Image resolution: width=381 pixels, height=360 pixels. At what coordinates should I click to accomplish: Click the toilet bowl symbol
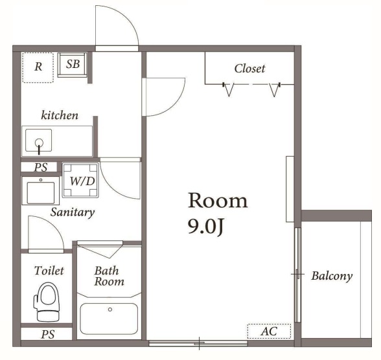(48, 302)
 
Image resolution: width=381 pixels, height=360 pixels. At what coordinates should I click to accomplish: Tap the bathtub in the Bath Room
(109, 319)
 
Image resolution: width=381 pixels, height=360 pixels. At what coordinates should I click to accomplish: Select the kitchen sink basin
(39, 141)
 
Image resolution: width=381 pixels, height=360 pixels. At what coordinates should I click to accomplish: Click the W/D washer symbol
(80, 180)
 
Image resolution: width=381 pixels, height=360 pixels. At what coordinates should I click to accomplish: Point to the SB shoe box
(73, 65)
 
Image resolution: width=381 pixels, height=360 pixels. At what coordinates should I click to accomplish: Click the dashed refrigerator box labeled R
(38, 68)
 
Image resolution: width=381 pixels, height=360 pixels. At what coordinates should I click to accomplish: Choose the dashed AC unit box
(270, 331)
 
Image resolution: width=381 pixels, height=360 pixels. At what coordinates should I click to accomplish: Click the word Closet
(249, 69)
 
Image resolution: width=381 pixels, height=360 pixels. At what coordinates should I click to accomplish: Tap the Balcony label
(332, 276)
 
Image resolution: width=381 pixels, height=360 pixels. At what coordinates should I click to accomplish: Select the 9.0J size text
(205, 227)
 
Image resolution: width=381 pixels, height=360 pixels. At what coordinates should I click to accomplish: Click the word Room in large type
(218, 201)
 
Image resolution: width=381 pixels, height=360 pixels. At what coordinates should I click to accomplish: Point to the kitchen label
(60, 115)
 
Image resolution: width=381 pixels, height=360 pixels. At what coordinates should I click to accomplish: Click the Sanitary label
(73, 212)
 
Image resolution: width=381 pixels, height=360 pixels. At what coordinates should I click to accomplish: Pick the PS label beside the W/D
(41, 167)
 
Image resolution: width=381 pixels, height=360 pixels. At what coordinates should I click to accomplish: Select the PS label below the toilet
(48, 334)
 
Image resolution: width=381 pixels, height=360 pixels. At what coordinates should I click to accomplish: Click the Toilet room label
(49, 271)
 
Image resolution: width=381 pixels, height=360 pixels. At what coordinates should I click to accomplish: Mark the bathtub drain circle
(110, 309)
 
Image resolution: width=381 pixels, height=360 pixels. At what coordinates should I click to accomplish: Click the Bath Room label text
(109, 276)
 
